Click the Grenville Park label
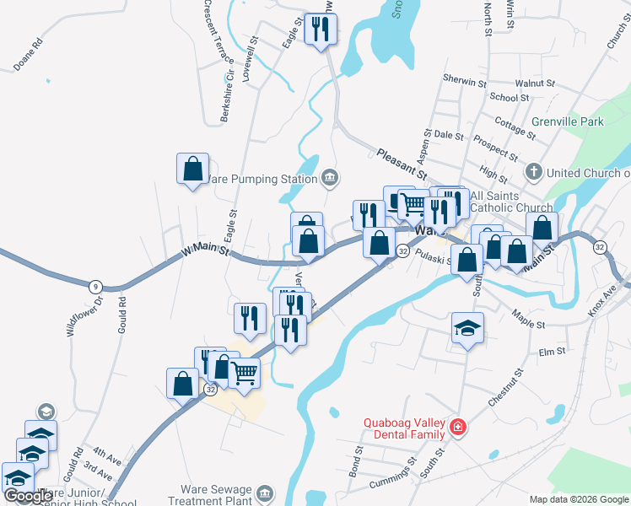point(568,121)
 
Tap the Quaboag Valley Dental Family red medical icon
point(457,428)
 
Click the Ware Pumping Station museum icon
point(329,177)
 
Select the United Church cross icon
point(533,173)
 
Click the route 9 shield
point(95,287)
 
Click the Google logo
point(27,496)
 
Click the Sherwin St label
point(465,83)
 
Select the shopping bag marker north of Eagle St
point(192,169)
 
